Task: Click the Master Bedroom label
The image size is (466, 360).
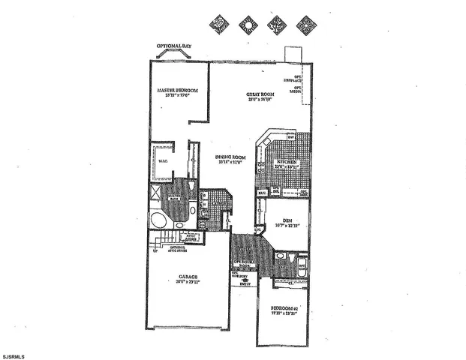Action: (177, 91)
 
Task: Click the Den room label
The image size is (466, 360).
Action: (287, 220)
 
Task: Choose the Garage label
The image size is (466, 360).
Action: (186, 278)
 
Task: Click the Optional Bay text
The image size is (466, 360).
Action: (173, 46)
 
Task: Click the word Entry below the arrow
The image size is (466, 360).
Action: (245, 284)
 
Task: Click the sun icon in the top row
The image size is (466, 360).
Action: (248, 23)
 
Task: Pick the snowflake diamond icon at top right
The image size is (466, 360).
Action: (305, 23)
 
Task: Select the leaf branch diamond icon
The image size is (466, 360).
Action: (275, 23)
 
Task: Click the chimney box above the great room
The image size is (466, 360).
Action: (292, 56)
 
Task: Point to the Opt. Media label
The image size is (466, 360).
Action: (298, 88)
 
